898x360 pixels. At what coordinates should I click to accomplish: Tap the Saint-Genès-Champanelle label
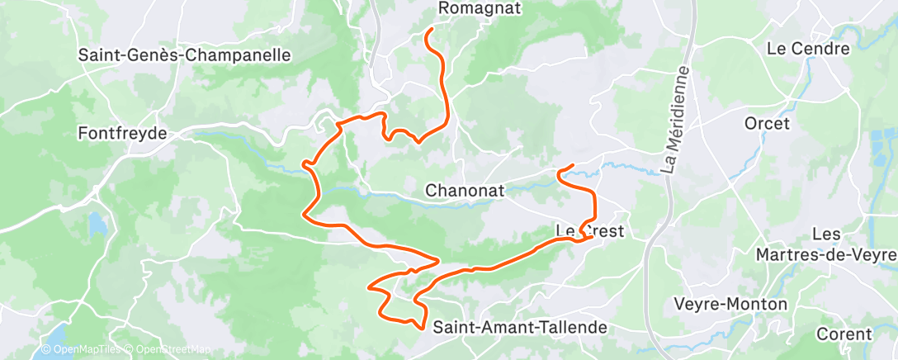coord(185,56)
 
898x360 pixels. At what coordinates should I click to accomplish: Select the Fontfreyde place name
coord(122,133)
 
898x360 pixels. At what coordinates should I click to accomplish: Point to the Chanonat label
coord(463,191)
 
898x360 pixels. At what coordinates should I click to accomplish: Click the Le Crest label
coord(591,230)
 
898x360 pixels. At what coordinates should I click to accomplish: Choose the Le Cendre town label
coord(808,49)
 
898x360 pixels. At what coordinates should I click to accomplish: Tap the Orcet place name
coord(767,124)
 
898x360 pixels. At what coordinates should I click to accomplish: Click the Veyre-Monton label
coord(731,304)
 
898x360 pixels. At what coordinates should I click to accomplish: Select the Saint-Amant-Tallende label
coord(520,327)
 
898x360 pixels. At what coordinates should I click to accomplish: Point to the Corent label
coord(844,334)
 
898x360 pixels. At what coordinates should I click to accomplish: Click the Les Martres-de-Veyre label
coord(825,244)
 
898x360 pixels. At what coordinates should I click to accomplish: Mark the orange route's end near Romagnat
coord(428,31)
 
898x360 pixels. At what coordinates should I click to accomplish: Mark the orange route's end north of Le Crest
coord(572,168)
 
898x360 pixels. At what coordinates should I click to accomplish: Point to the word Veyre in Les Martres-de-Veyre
coord(872,254)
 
